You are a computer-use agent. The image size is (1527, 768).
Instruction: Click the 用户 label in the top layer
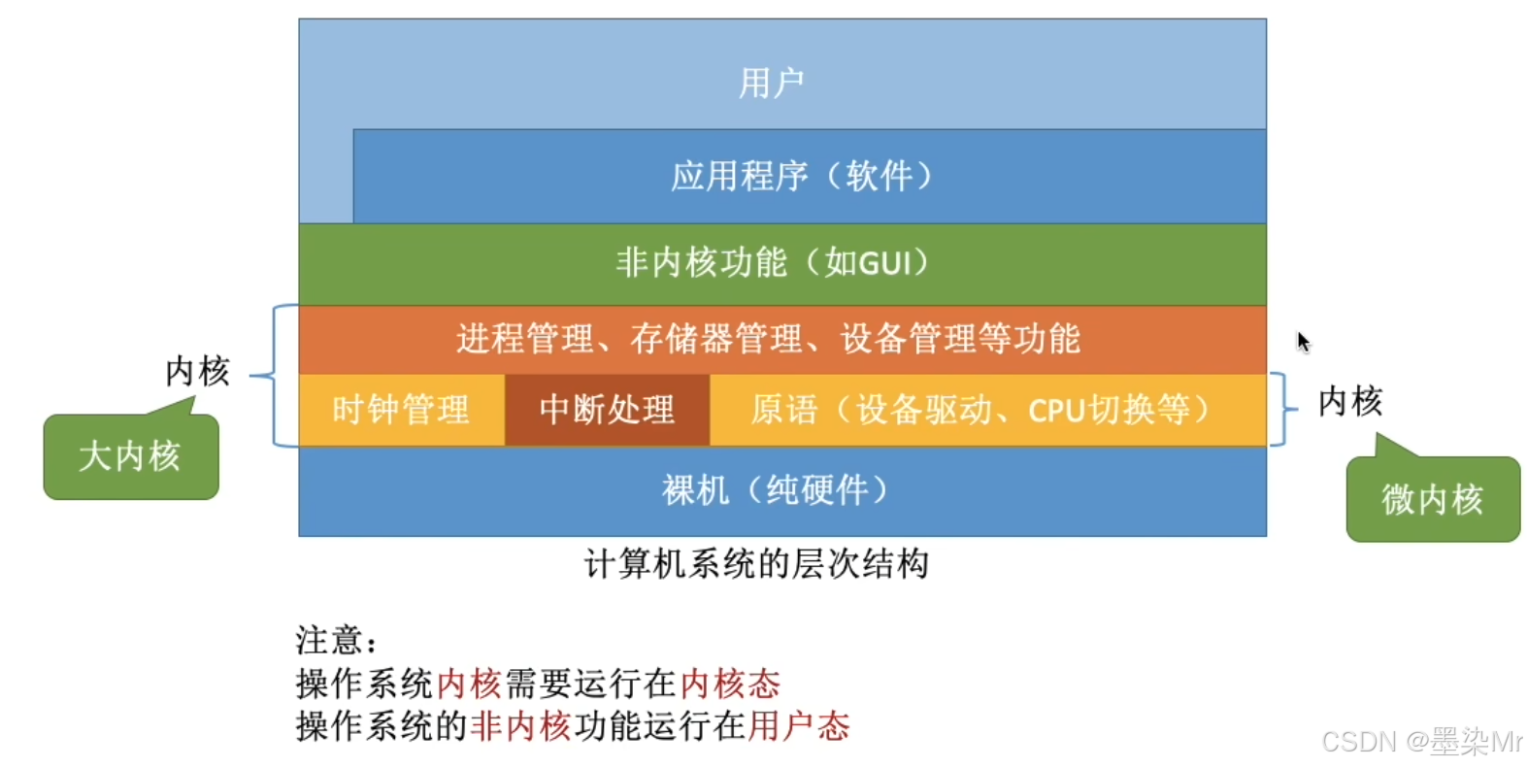[771, 83]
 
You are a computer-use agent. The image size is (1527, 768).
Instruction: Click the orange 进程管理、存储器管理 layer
[768, 339]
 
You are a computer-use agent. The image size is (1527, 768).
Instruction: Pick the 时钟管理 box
[400, 410]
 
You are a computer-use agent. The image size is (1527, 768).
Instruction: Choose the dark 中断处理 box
[607, 410]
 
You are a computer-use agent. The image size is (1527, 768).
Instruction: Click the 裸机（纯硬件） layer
[776, 490]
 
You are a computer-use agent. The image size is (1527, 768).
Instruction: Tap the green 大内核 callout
[130, 456]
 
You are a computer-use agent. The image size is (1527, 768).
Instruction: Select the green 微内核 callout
[1432, 499]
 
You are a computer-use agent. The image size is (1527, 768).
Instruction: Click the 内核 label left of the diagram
[197, 371]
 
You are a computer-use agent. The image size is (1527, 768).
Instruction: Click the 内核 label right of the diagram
[1349, 400]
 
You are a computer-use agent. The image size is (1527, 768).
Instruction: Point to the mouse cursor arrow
[1302, 341]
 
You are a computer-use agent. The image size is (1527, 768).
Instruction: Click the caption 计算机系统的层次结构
[756, 563]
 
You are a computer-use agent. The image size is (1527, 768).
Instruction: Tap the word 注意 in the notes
[329, 640]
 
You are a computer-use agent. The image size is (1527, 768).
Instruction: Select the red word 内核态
[730, 684]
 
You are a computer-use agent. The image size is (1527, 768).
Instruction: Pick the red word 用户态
[798, 725]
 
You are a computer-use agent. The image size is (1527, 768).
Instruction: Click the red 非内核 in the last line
[520, 725]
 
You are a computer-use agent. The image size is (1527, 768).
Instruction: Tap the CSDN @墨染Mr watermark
[1422, 742]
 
